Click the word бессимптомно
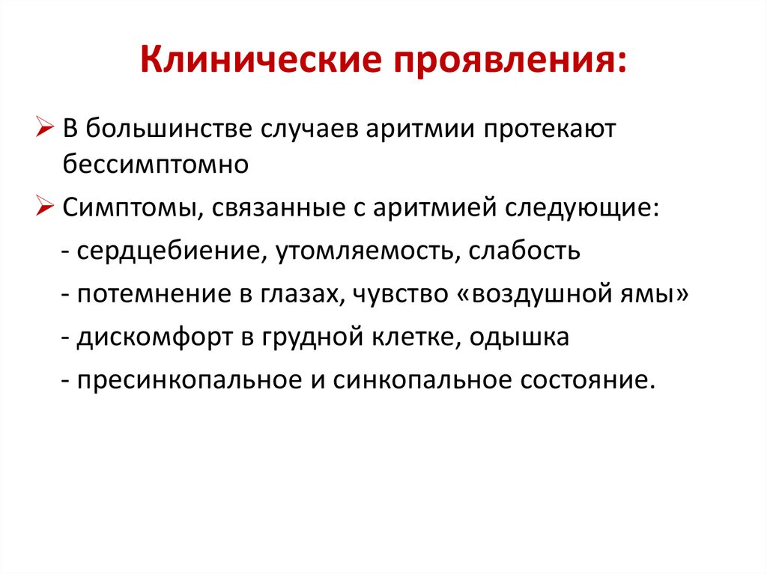[155, 164]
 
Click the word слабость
[524, 249]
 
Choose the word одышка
[520, 336]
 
